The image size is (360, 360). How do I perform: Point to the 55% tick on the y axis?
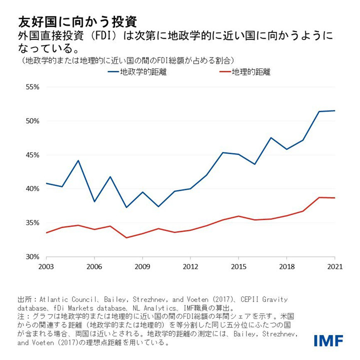(32, 87)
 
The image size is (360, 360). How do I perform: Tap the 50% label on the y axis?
(32, 121)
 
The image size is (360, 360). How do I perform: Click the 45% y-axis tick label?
(32, 155)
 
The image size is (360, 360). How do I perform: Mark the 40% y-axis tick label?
(32, 189)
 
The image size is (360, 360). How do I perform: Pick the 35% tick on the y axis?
(32, 223)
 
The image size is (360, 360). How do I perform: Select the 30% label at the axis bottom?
(32, 257)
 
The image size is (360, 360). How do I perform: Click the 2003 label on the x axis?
(46, 266)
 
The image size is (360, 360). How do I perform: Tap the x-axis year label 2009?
(142, 266)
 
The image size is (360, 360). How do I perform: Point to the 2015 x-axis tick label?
(238, 266)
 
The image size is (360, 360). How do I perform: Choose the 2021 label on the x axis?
(334, 266)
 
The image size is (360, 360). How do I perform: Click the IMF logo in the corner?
(328, 340)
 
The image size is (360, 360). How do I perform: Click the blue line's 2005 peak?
(78, 160)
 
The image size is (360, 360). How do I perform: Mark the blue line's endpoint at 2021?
(334, 110)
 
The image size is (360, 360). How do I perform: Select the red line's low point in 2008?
(126, 237)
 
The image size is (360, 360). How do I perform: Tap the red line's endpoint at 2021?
(334, 198)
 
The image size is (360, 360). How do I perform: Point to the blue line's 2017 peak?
(270, 137)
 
